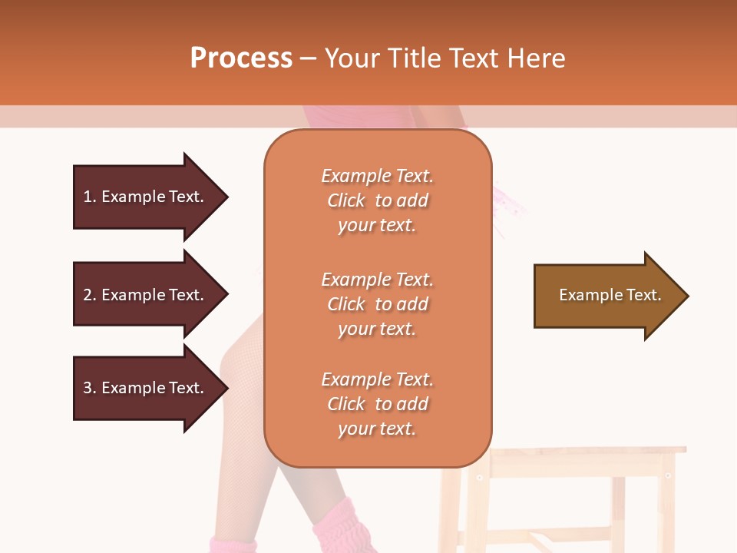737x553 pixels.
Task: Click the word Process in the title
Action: pyautogui.click(x=241, y=58)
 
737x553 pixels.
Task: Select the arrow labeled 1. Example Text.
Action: pyautogui.click(x=146, y=197)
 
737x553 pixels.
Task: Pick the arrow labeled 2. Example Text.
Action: pyautogui.click(x=146, y=295)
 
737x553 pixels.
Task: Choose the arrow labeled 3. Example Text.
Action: pyautogui.click(x=146, y=388)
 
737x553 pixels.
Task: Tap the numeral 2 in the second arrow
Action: pyautogui.click(x=88, y=295)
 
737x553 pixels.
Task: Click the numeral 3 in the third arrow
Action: pyautogui.click(x=88, y=388)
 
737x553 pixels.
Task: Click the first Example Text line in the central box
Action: pyautogui.click(x=377, y=176)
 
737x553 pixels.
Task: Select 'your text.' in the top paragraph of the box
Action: pyautogui.click(x=377, y=226)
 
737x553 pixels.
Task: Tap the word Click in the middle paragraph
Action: pyautogui.click(x=345, y=304)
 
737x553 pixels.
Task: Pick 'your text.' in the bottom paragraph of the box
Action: pyautogui.click(x=377, y=429)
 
